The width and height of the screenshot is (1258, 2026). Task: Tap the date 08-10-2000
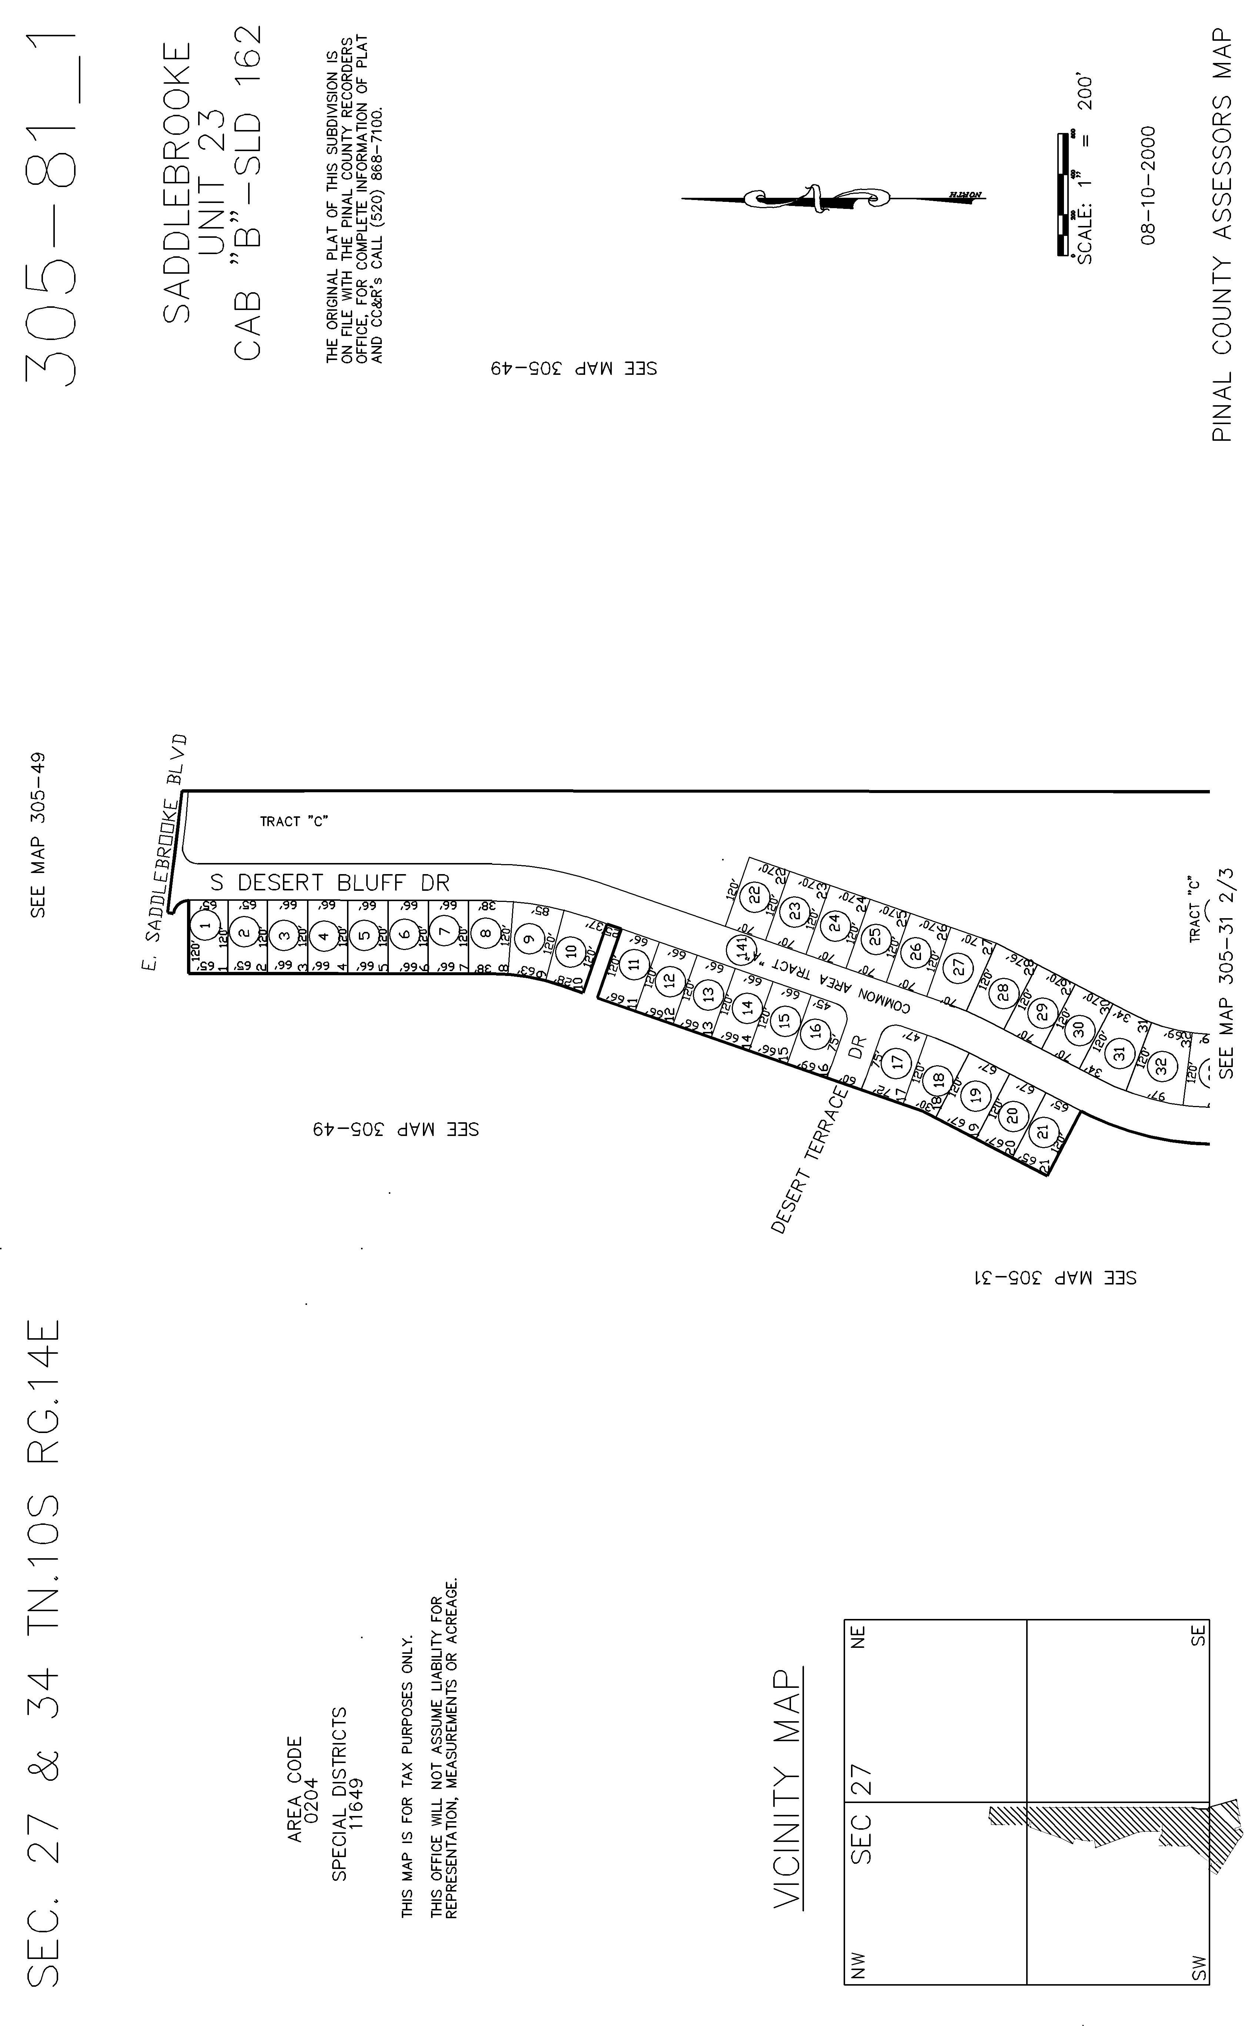[1149, 185]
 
